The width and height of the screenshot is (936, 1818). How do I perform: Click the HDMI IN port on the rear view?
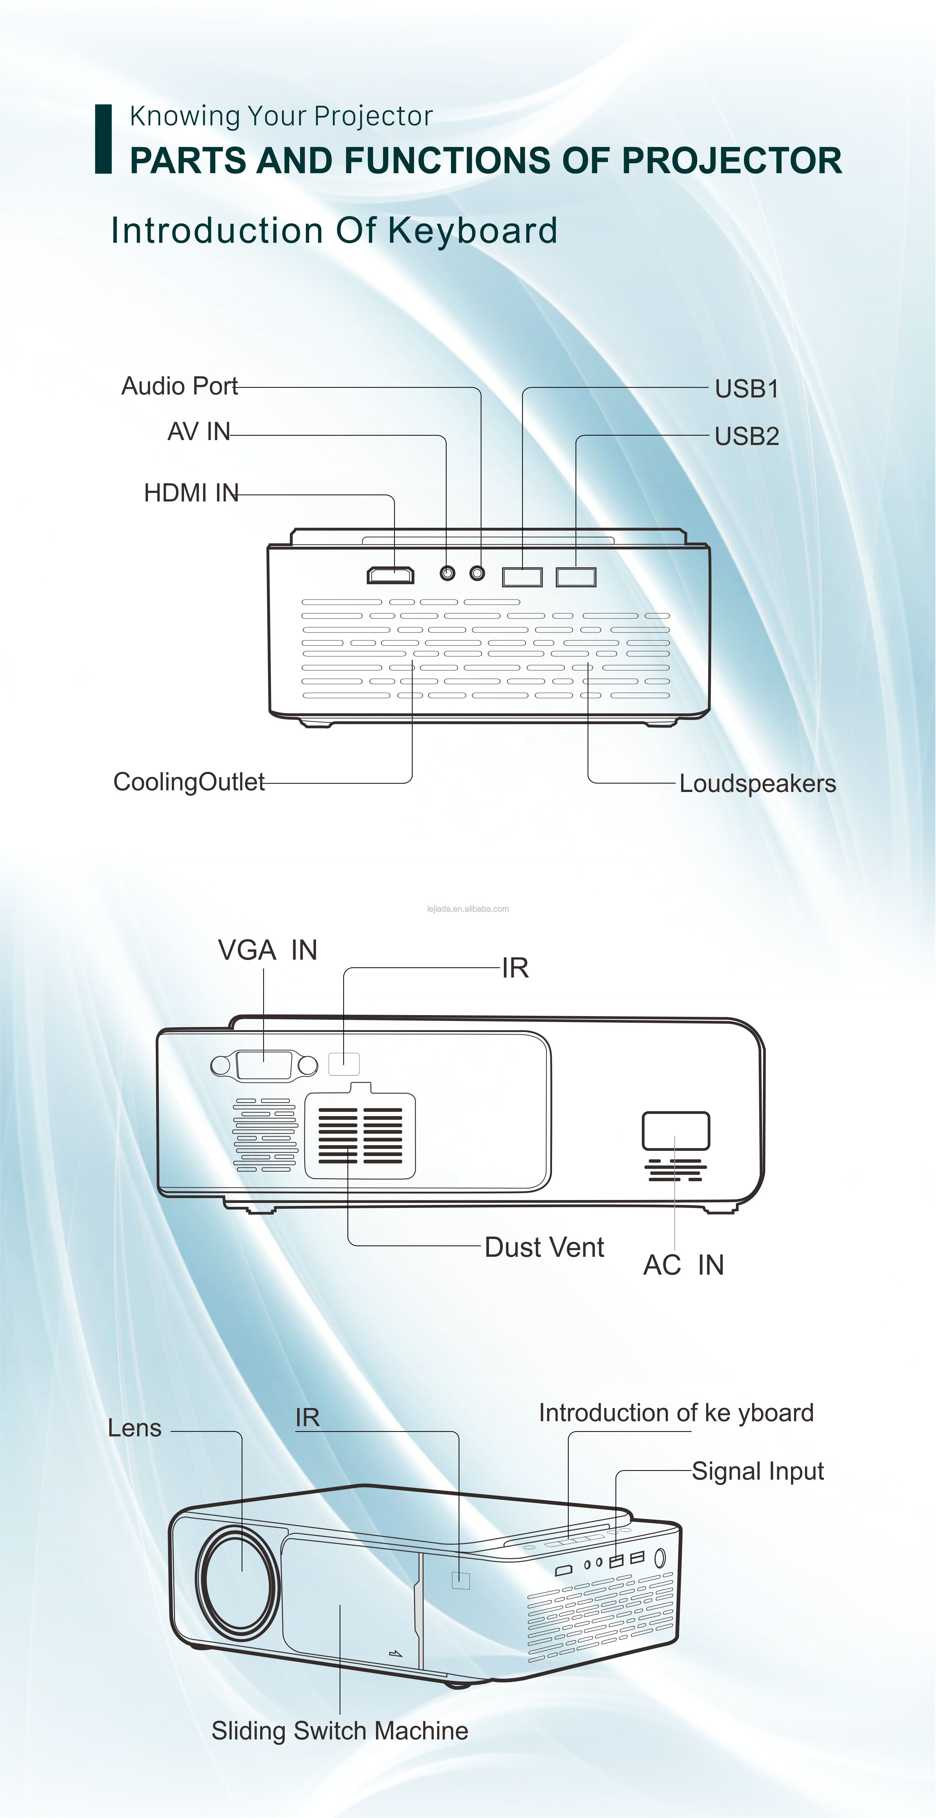coord(390,576)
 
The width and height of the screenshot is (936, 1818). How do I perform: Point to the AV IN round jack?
coord(447,572)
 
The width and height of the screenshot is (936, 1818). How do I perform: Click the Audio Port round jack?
coord(478,572)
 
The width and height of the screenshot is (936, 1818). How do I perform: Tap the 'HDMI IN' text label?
coord(191,493)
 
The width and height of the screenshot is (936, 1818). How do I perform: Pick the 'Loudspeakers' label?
coord(757,783)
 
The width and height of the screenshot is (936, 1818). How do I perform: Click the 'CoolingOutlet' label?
coord(189,782)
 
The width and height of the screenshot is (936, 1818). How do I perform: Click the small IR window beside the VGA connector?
coord(344,1064)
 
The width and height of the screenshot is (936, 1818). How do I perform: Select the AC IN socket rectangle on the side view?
coord(676,1131)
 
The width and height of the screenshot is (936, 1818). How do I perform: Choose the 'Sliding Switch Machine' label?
coord(339,1731)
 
